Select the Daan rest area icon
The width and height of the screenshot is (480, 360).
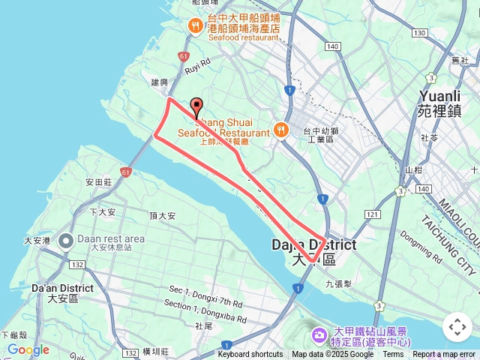tap(65, 240)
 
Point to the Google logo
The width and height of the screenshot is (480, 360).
tap(28, 349)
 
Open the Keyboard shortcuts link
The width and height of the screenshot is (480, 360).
tap(250, 355)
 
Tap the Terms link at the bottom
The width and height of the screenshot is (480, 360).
tap(393, 355)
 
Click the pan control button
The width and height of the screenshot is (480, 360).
tap(457, 327)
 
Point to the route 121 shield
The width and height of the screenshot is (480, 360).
tap(373, 215)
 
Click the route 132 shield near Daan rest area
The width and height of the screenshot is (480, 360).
tap(76, 265)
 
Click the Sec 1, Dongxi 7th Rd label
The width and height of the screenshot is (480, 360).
tap(205, 296)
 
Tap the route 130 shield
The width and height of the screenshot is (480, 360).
tap(418, 33)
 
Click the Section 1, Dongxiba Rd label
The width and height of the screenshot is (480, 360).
tap(204, 307)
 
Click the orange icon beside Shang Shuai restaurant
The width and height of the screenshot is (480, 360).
tap(281, 129)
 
